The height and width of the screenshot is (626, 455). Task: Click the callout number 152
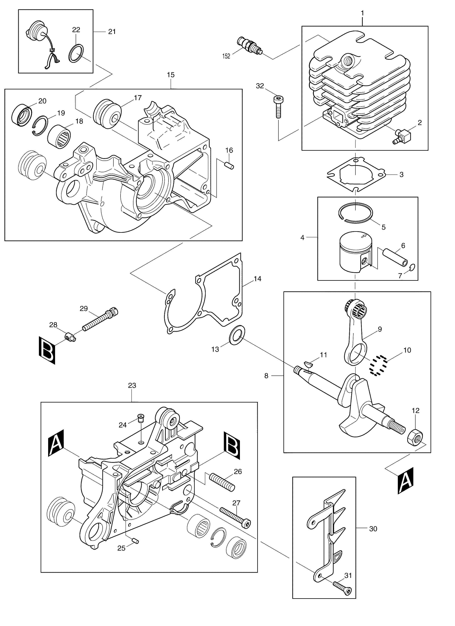click(226, 57)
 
